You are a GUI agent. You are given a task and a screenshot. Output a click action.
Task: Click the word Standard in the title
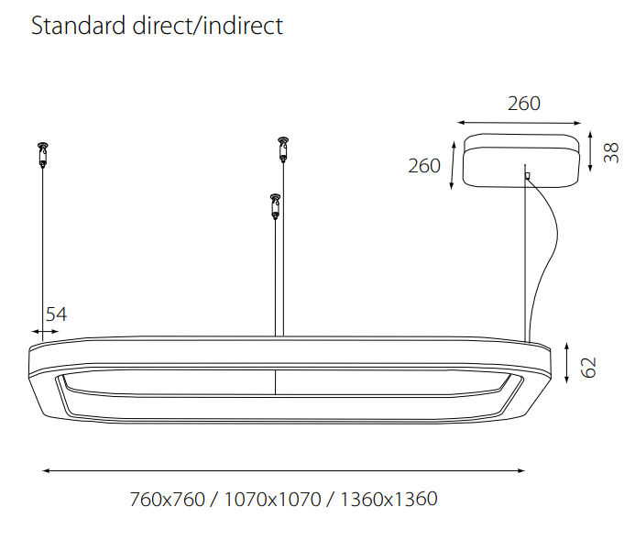tap(78, 26)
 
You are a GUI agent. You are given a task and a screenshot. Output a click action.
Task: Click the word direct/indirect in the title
tap(208, 26)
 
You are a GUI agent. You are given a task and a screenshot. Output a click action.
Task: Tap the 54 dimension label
tap(56, 314)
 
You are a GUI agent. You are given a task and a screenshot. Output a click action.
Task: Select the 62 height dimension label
tap(588, 367)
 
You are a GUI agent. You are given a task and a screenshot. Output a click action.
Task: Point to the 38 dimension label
tap(611, 153)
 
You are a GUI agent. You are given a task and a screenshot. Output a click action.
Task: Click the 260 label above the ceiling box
tap(524, 104)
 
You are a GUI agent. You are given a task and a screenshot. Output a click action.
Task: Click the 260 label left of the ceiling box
tap(424, 166)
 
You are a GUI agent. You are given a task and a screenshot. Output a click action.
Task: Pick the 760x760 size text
tap(168, 499)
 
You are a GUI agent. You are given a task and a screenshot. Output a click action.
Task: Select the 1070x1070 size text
tap(272, 499)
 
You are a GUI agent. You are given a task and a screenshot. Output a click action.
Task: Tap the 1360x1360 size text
tap(389, 499)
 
